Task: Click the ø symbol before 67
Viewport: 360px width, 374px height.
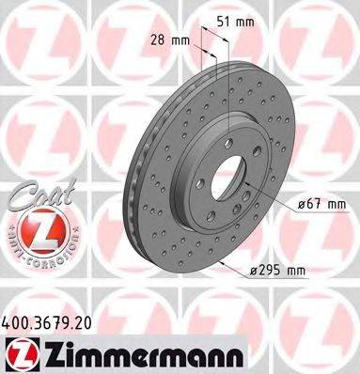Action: (x=298, y=202)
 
